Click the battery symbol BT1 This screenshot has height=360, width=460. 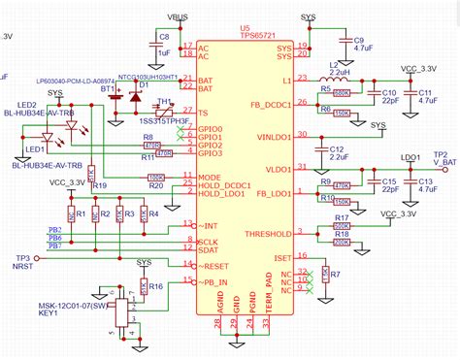115,95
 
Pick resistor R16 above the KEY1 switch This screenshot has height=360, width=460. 145,286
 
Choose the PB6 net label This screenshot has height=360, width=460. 55,237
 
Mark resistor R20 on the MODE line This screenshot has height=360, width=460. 154,178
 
